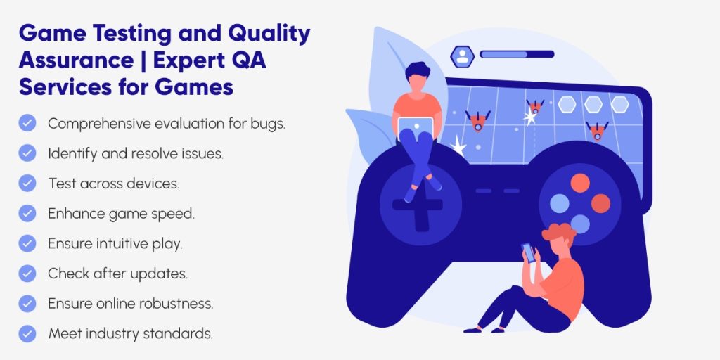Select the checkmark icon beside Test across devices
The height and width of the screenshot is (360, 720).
(x=27, y=183)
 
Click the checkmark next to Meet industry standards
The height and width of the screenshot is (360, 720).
(x=27, y=333)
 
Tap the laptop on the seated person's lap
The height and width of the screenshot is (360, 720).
(x=416, y=127)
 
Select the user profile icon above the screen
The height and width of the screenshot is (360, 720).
(x=462, y=56)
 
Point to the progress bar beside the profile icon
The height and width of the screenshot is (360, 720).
(x=516, y=54)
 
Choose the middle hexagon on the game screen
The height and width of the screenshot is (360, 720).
(x=593, y=105)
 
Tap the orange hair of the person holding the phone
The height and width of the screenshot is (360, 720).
(x=558, y=231)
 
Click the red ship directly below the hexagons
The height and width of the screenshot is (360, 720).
(x=597, y=131)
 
